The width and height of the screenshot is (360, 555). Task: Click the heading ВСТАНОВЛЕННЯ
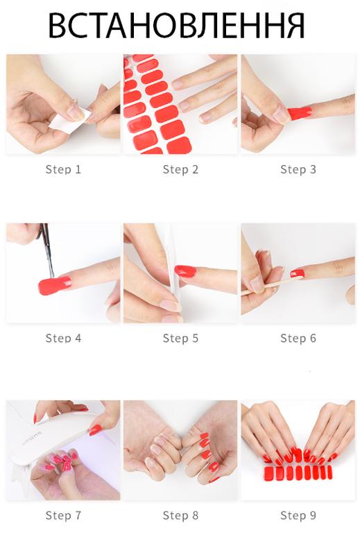(176, 26)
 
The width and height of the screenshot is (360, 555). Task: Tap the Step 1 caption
(63, 169)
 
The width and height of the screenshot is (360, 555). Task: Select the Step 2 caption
(180, 169)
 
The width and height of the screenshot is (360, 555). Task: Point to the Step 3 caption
(298, 169)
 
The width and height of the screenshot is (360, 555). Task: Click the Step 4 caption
(63, 338)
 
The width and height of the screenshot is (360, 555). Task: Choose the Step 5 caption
(180, 338)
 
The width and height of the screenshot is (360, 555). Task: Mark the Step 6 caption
(298, 338)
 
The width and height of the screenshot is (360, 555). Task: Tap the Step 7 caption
(63, 515)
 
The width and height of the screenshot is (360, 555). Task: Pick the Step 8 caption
(180, 515)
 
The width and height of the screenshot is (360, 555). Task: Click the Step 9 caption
(298, 515)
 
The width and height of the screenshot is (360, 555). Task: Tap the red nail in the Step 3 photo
(300, 113)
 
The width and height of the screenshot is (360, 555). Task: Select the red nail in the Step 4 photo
(54, 285)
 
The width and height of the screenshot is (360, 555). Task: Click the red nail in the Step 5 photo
(185, 271)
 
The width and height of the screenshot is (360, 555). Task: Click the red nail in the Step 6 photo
(298, 273)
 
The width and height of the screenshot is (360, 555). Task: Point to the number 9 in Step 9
(313, 515)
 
